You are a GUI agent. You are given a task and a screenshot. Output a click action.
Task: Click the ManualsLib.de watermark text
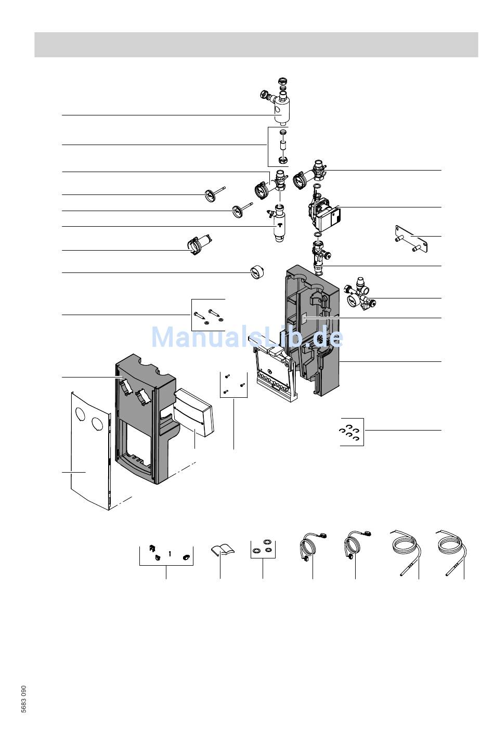(x=247, y=337)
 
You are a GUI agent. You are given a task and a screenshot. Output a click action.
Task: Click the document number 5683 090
(x=23, y=699)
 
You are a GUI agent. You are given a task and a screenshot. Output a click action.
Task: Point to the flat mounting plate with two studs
(x=411, y=239)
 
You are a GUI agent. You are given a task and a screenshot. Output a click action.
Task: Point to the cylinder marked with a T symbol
(x=280, y=225)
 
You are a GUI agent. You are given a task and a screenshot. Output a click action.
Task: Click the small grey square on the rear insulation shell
(x=305, y=319)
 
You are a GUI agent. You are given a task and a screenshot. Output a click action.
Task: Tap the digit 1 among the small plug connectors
(x=170, y=553)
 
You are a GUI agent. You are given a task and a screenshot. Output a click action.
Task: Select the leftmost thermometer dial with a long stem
(x=214, y=194)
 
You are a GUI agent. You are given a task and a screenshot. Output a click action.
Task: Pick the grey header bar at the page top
(x=256, y=45)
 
